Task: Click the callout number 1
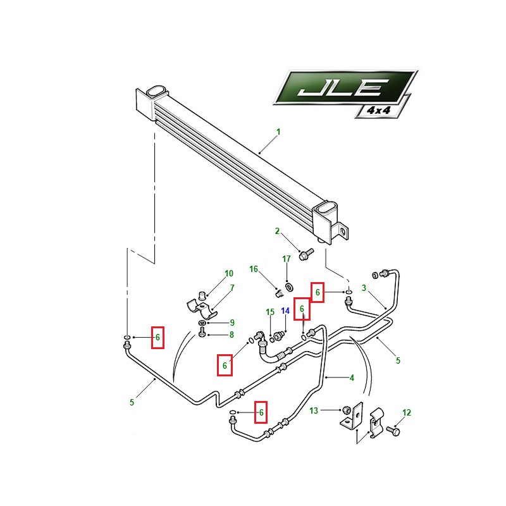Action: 278,132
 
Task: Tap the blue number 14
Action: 285,311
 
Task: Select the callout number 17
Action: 287,259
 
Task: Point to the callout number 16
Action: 254,269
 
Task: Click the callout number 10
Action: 229,273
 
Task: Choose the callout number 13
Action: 314,410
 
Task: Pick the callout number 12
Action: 407,412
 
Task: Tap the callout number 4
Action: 352,378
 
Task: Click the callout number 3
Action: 364,288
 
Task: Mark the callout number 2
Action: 277,231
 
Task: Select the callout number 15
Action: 270,312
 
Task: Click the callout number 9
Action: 232,323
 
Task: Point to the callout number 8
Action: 231,335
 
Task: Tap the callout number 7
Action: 232,288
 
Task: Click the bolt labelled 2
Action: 306,254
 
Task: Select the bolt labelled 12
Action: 393,431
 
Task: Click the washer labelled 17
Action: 288,287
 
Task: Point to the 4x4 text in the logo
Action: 379,110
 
